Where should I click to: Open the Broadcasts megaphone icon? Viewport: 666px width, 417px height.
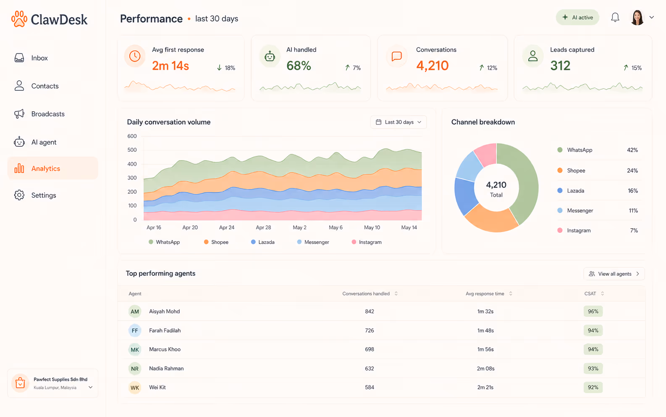[x=19, y=113]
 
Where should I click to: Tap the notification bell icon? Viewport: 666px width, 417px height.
[x=615, y=17]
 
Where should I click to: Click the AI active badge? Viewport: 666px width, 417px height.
[x=577, y=17]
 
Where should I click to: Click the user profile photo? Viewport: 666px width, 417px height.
[x=637, y=18]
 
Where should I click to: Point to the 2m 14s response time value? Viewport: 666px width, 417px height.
[x=170, y=66]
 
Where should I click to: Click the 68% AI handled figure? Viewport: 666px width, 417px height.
[x=299, y=66]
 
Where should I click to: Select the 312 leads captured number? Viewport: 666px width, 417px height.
[x=560, y=66]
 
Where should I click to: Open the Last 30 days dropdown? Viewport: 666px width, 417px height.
[x=399, y=122]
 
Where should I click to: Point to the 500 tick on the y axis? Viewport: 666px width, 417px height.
[x=132, y=150]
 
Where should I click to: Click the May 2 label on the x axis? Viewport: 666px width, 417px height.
[x=299, y=227]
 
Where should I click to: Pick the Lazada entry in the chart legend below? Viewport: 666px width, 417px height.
[x=263, y=242]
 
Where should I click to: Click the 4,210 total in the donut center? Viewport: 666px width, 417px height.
[x=496, y=185]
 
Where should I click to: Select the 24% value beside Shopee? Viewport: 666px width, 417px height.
[x=632, y=171]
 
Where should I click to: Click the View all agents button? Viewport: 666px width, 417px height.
[x=614, y=274]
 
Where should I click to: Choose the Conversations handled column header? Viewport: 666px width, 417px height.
[x=366, y=293]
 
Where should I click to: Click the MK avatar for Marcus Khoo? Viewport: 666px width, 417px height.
[x=135, y=349]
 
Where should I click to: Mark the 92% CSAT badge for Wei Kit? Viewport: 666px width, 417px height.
[x=593, y=387]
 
